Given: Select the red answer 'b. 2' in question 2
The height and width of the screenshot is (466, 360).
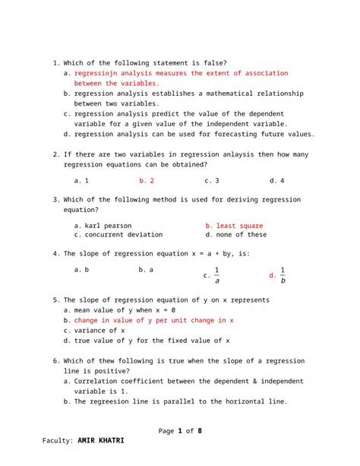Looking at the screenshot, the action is point(147,181).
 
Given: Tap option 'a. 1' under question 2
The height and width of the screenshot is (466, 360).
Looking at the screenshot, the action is point(81,181).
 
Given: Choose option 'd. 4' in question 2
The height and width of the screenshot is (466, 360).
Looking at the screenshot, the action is point(276,181).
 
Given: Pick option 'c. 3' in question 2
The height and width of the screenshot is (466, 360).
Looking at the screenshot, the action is point(212,181).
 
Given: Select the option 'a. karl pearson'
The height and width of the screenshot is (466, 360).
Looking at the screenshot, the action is point(103,226).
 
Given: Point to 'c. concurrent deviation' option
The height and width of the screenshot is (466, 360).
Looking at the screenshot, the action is point(119,235).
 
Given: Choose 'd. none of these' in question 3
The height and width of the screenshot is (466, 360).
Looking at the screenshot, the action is point(236,235).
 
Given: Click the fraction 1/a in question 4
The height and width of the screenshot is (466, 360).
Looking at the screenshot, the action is point(216,275).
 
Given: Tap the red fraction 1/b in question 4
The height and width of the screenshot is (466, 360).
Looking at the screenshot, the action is point(283,275).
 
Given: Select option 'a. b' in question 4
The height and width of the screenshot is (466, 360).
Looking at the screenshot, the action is point(81,270).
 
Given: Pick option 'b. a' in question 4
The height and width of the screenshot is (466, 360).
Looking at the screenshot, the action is point(147,270).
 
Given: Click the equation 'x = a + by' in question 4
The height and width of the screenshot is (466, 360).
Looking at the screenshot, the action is point(203,253).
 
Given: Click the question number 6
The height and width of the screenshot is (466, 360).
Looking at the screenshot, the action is point(56,361).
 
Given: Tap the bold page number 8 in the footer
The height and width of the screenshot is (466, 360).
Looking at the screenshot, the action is point(200,431).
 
